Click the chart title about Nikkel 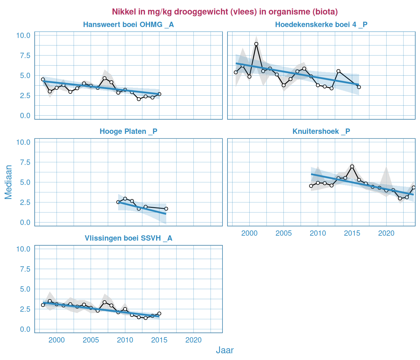point(225,12)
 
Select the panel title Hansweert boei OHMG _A point(128,25)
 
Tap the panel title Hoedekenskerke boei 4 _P point(321,25)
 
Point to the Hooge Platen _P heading point(128,132)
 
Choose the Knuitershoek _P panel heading point(321,132)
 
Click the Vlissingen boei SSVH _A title point(128,238)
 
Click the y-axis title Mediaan point(8,182)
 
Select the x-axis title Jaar point(225,350)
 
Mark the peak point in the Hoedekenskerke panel point(256,44)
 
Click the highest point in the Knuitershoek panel point(352,166)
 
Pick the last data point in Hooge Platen point(166,209)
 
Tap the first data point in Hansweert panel point(43,79)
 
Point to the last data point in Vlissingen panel point(159,313)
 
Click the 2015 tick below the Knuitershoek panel point(352,233)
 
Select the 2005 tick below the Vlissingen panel point(91,340)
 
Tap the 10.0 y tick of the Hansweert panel point(23,35)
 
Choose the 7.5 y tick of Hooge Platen point(23,162)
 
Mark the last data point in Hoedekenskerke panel point(359,87)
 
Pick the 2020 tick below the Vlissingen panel point(193,340)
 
